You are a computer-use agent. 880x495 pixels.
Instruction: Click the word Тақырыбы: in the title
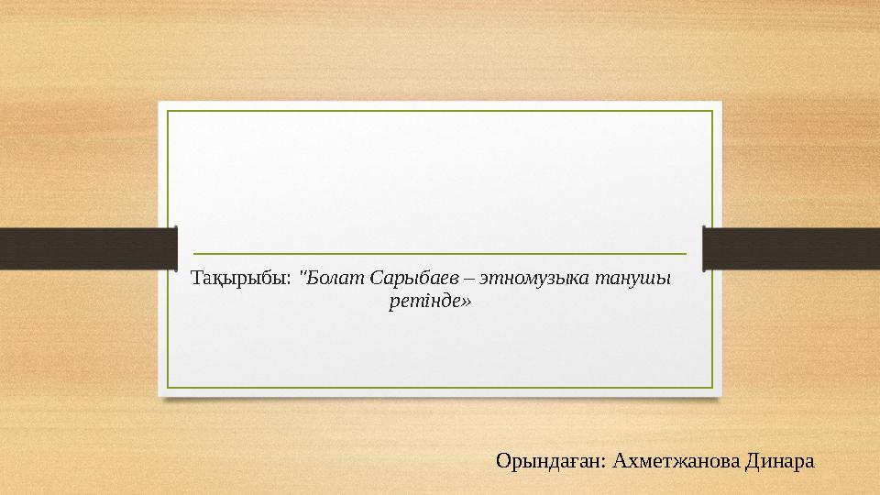click(241, 279)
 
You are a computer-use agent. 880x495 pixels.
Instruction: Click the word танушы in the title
click(633, 279)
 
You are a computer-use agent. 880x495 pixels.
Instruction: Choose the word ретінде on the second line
click(424, 302)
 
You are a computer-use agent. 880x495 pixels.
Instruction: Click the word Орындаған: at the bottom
click(551, 461)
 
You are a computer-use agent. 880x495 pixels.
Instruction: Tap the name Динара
click(780, 461)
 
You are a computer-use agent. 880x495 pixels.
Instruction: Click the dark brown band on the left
click(89, 248)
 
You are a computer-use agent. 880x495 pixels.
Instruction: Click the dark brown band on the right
click(791, 248)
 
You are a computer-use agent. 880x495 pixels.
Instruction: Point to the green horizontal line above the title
click(440, 254)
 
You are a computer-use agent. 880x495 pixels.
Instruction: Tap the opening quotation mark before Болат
click(302, 273)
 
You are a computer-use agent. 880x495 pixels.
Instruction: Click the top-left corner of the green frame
click(167, 111)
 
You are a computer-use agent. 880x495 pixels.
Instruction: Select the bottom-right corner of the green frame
click(712, 388)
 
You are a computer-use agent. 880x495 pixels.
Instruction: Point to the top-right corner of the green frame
click(712, 111)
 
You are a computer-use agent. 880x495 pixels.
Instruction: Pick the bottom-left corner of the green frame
click(167, 388)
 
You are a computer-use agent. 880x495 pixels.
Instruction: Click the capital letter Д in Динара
click(752, 462)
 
